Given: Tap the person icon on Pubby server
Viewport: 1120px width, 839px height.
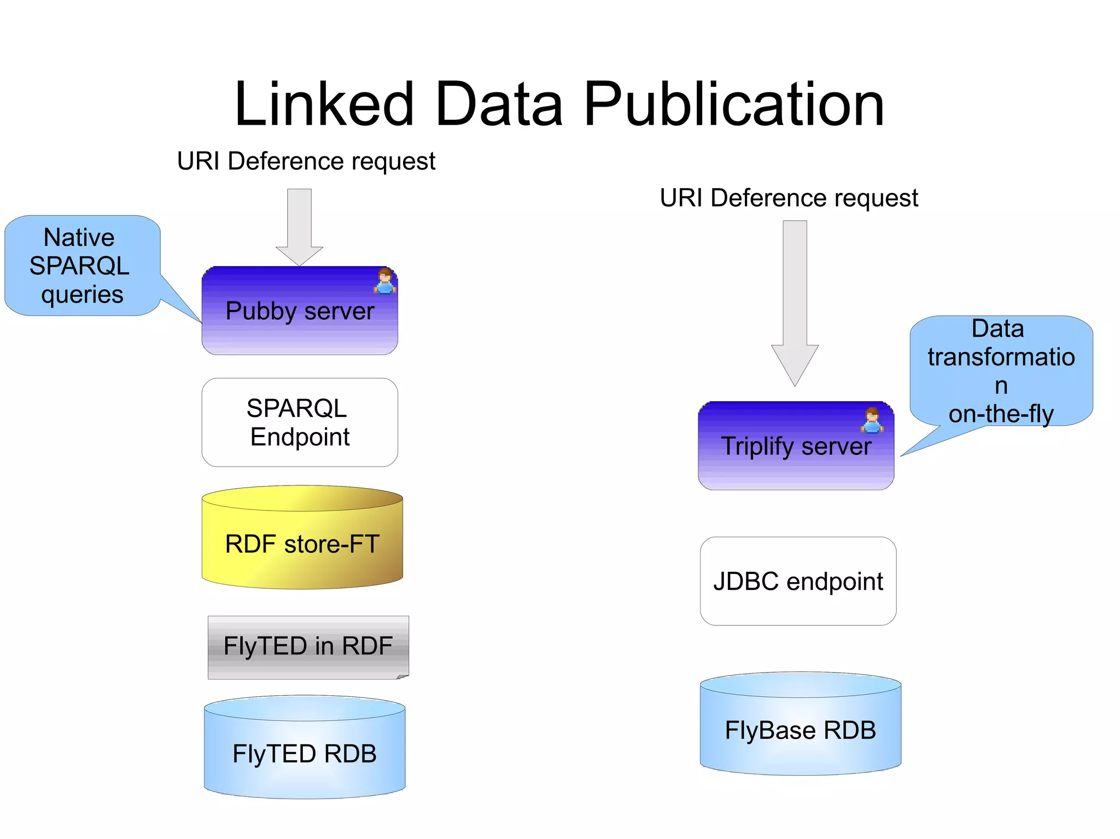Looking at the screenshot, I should click(x=385, y=281).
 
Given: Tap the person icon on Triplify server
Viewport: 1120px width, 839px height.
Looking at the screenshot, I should click(x=872, y=420).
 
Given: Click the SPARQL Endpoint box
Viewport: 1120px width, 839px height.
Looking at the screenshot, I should click(x=300, y=423).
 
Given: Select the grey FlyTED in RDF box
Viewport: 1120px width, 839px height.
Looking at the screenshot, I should click(x=308, y=647).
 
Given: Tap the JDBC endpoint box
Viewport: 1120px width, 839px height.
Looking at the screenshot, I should click(x=798, y=581).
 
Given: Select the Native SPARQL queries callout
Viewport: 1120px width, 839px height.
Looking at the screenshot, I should click(x=82, y=266).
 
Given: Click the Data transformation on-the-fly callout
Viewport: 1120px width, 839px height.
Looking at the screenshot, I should click(x=1001, y=371).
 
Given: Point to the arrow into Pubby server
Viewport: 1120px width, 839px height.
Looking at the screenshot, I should click(x=300, y=227).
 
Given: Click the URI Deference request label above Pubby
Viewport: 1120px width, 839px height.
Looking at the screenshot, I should click(x=306, y=161).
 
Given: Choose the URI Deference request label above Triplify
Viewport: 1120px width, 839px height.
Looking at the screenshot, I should click(x=789, y=198).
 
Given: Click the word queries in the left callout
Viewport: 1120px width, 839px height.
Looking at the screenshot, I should click(x=82, y=294).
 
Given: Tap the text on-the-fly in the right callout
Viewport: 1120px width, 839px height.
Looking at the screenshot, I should click(x=1001, y=414).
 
